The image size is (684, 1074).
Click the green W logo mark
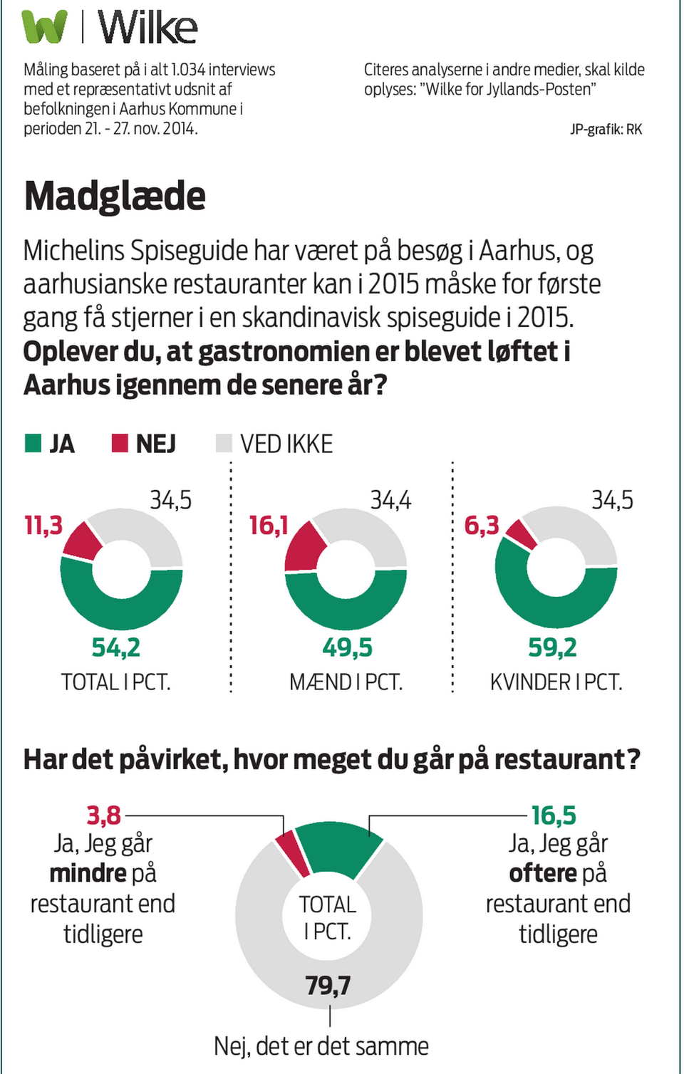point(44,27)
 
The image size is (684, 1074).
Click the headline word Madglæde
point(115,196)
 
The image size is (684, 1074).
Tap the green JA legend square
point(33,443)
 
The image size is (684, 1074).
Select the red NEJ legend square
point(120,443)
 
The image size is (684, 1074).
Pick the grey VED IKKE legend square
point(224,443)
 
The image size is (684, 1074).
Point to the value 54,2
point(115,647)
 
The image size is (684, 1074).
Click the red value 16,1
point(268,526)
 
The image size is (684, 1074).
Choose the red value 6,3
point(482,526)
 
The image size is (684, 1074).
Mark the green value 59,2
point(552,647)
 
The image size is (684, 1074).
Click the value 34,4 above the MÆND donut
point(390,501)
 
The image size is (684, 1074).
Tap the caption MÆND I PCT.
point(346,682)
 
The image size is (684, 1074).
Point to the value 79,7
point(328,985)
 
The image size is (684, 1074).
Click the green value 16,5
point(554,815)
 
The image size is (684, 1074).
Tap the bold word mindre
point(88,873)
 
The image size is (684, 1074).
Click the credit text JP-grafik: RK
point(606,129)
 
